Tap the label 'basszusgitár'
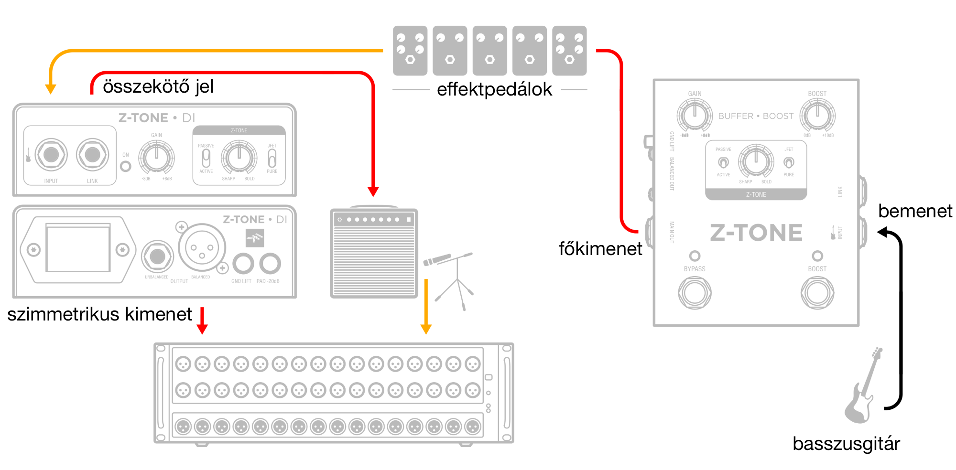pyautogui.click(x=846, y=444)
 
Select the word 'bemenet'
pyautogui.click(x=915, y=211)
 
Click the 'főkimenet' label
pyautogui.click(x=600, y=249)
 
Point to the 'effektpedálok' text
pyautogui.click(x=494, y=89)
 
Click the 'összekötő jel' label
pyautogui.click(x=158, y=86)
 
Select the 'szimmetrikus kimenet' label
pyautogui.click(x=99, y=314)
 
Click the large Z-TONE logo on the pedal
pyautogui.click(x=756, y=233)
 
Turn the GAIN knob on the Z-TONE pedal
pyautogui.click(x=695, y=115)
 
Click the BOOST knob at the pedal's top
pyautogui.click(x=817, y=115)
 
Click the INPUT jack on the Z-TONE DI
pyautogui.click(x=51, y=155)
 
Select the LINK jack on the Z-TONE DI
pyautogui.click(x=92, y=155)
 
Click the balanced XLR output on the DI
pyautogui.click(x=202, y=248)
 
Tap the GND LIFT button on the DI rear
pyautogui.click(x=243, y=263)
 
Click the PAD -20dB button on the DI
pyautogui.click(x=270, y=263)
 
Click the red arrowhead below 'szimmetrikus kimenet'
pyautogui.click(x=202, y=329)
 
